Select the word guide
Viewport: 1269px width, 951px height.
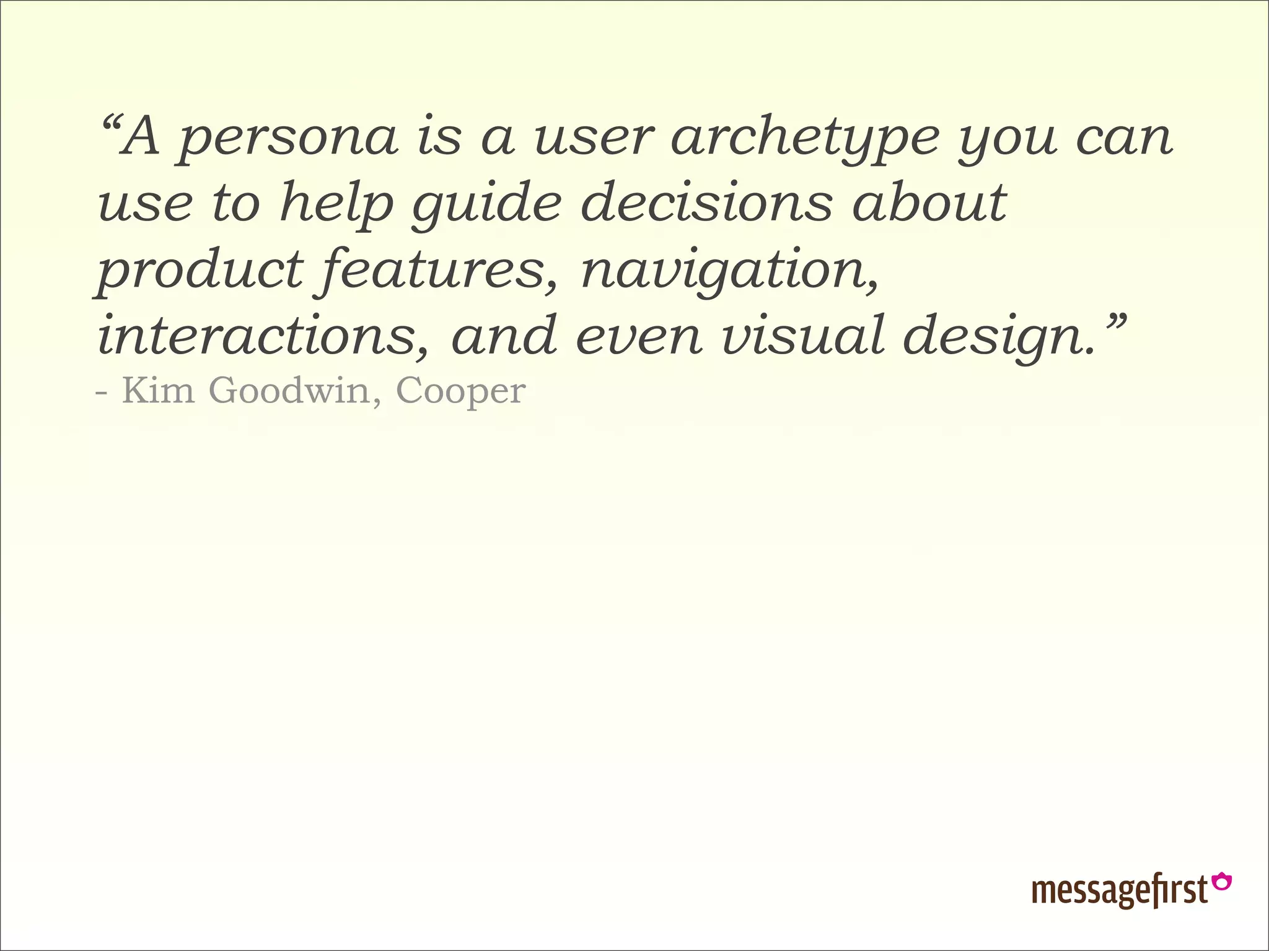point(486,205)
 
